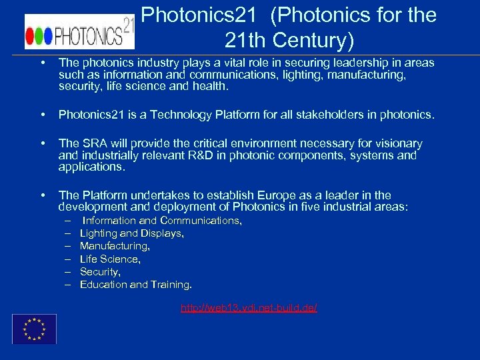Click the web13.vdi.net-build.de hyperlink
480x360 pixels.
click(x=249, y=307)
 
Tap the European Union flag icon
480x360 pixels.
click(x=35, y=329)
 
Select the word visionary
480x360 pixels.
click(x=397, y=143)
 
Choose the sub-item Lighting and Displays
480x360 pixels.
click(x=131, y=233)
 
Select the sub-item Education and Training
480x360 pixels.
click(x=135, y=285)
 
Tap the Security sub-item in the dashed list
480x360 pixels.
click(x=100, y=272)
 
